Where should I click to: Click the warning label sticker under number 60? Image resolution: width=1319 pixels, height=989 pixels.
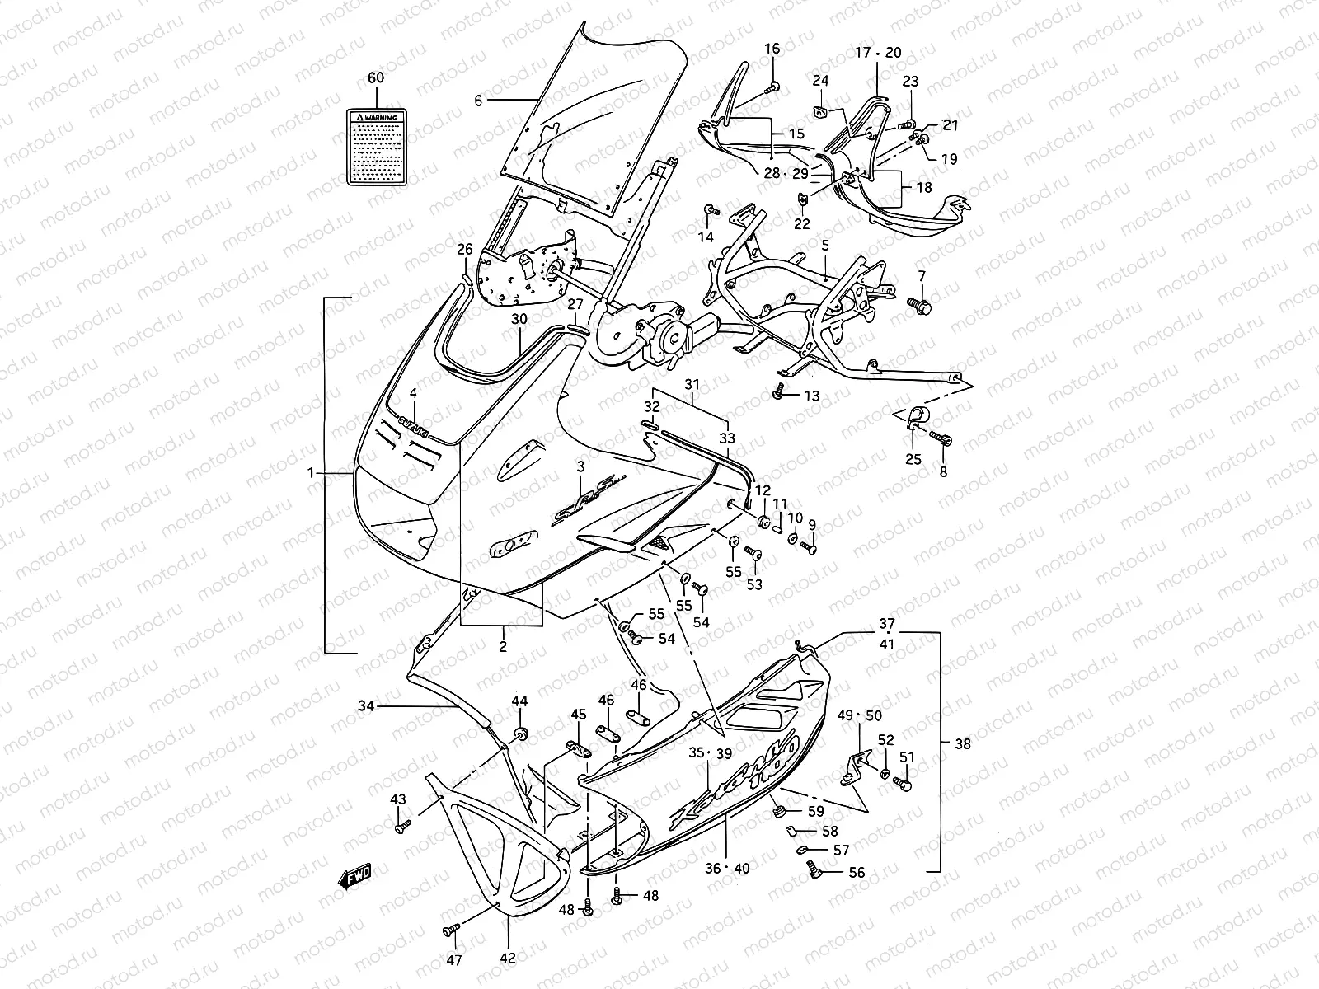[375, 146]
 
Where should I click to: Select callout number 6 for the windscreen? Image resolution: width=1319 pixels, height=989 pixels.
[477, 100]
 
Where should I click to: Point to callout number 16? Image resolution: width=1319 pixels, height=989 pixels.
[772, 49]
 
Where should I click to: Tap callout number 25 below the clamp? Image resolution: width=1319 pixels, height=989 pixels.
[913, 459]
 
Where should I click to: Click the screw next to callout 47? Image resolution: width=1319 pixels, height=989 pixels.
[450, 930]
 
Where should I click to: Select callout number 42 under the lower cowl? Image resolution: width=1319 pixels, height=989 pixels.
[508, 959]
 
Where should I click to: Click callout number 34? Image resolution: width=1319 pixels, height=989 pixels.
[367, 705]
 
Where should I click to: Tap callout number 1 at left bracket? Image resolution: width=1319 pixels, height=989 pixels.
[311, 473]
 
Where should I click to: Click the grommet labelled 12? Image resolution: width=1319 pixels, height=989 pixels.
[763, 522]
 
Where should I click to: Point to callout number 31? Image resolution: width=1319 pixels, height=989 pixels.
[692, 384]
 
